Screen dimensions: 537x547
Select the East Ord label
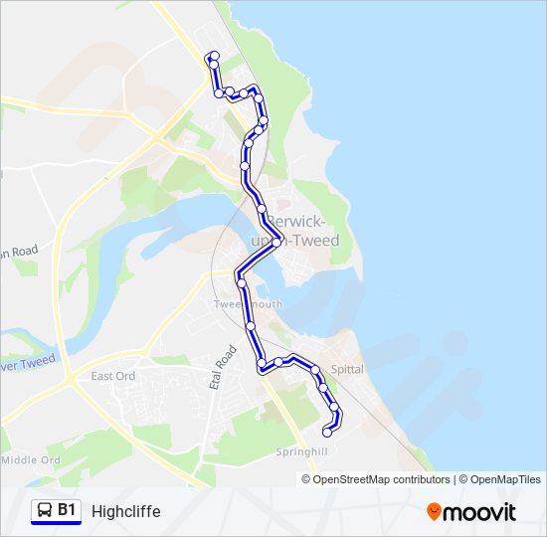[112, 376]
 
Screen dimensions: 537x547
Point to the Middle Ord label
[32, 460]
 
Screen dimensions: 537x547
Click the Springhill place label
[301, 450]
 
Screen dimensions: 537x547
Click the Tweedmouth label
[248, 304]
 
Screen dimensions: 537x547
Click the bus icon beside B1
[44, 511]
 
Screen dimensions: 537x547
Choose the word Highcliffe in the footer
[125, 511]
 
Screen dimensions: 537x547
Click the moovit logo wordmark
[479, 512]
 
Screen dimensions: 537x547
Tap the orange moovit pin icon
[434, 512]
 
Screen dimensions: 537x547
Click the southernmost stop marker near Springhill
[327, 432]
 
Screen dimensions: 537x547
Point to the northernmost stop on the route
[214, 55]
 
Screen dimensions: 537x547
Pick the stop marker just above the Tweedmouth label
[242, 283]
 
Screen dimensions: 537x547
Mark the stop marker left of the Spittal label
[316, 370]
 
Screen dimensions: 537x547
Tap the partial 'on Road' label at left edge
[20, 252]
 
